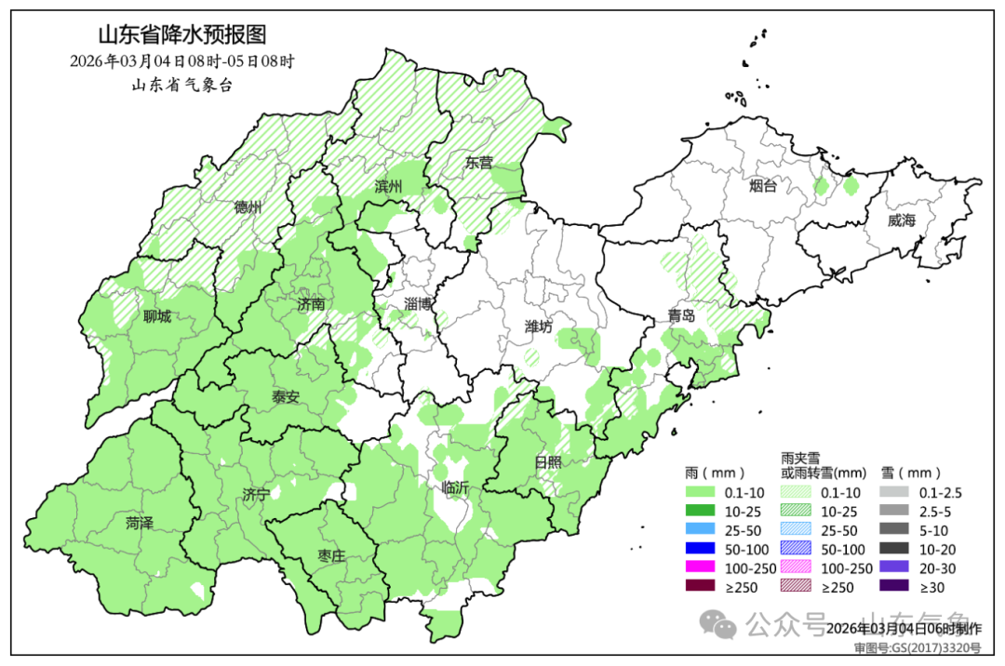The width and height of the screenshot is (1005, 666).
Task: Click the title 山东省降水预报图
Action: point(181,35)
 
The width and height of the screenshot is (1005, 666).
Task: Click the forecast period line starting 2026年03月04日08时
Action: point(181,61)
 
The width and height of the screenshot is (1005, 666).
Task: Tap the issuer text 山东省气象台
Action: point(181,85)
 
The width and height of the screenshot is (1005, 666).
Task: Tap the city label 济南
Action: point(311,304)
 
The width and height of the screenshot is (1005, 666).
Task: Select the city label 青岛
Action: point(680,315)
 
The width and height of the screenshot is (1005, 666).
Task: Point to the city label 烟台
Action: point(762,186)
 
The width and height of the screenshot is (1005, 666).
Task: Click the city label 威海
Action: point(902,220)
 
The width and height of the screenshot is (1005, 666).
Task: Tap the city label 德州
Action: point(248,206)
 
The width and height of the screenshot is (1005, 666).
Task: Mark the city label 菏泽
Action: point(141,523)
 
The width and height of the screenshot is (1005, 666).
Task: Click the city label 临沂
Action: point(456,486)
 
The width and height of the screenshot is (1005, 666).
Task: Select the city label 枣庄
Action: point(331,555)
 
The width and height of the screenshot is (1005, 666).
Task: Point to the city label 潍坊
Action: point(539,326)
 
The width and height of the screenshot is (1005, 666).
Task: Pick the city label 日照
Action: point(548,461)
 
